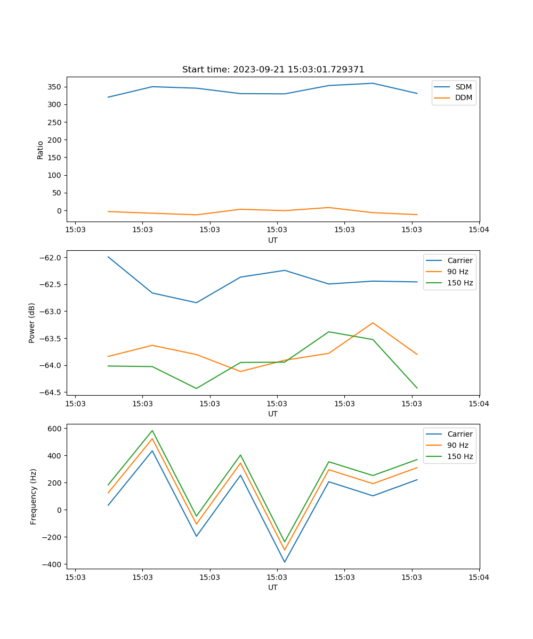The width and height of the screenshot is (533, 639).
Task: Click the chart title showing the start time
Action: (x=273, y=70)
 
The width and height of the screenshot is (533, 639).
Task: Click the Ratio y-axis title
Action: (x=41, y=150)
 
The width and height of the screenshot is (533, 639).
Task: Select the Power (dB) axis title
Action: (x=32, y=323)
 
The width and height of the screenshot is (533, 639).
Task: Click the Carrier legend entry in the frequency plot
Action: (x=459, y=434)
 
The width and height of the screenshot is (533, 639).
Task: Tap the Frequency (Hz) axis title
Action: (x=34, y=496)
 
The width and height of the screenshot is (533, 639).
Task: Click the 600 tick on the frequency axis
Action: (x=55, y=429)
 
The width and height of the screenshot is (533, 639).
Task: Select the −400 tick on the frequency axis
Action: (x=52, y=564)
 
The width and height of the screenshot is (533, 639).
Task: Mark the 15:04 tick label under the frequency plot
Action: (x=479, y=577)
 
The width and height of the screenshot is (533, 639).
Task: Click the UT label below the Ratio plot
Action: (x=273, y=240)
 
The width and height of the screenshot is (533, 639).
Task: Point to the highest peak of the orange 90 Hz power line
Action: (x=373, y=323)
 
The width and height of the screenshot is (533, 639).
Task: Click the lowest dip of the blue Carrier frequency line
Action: (x=285, y=562)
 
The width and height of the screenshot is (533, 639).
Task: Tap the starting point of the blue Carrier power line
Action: (x=108, y=257)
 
